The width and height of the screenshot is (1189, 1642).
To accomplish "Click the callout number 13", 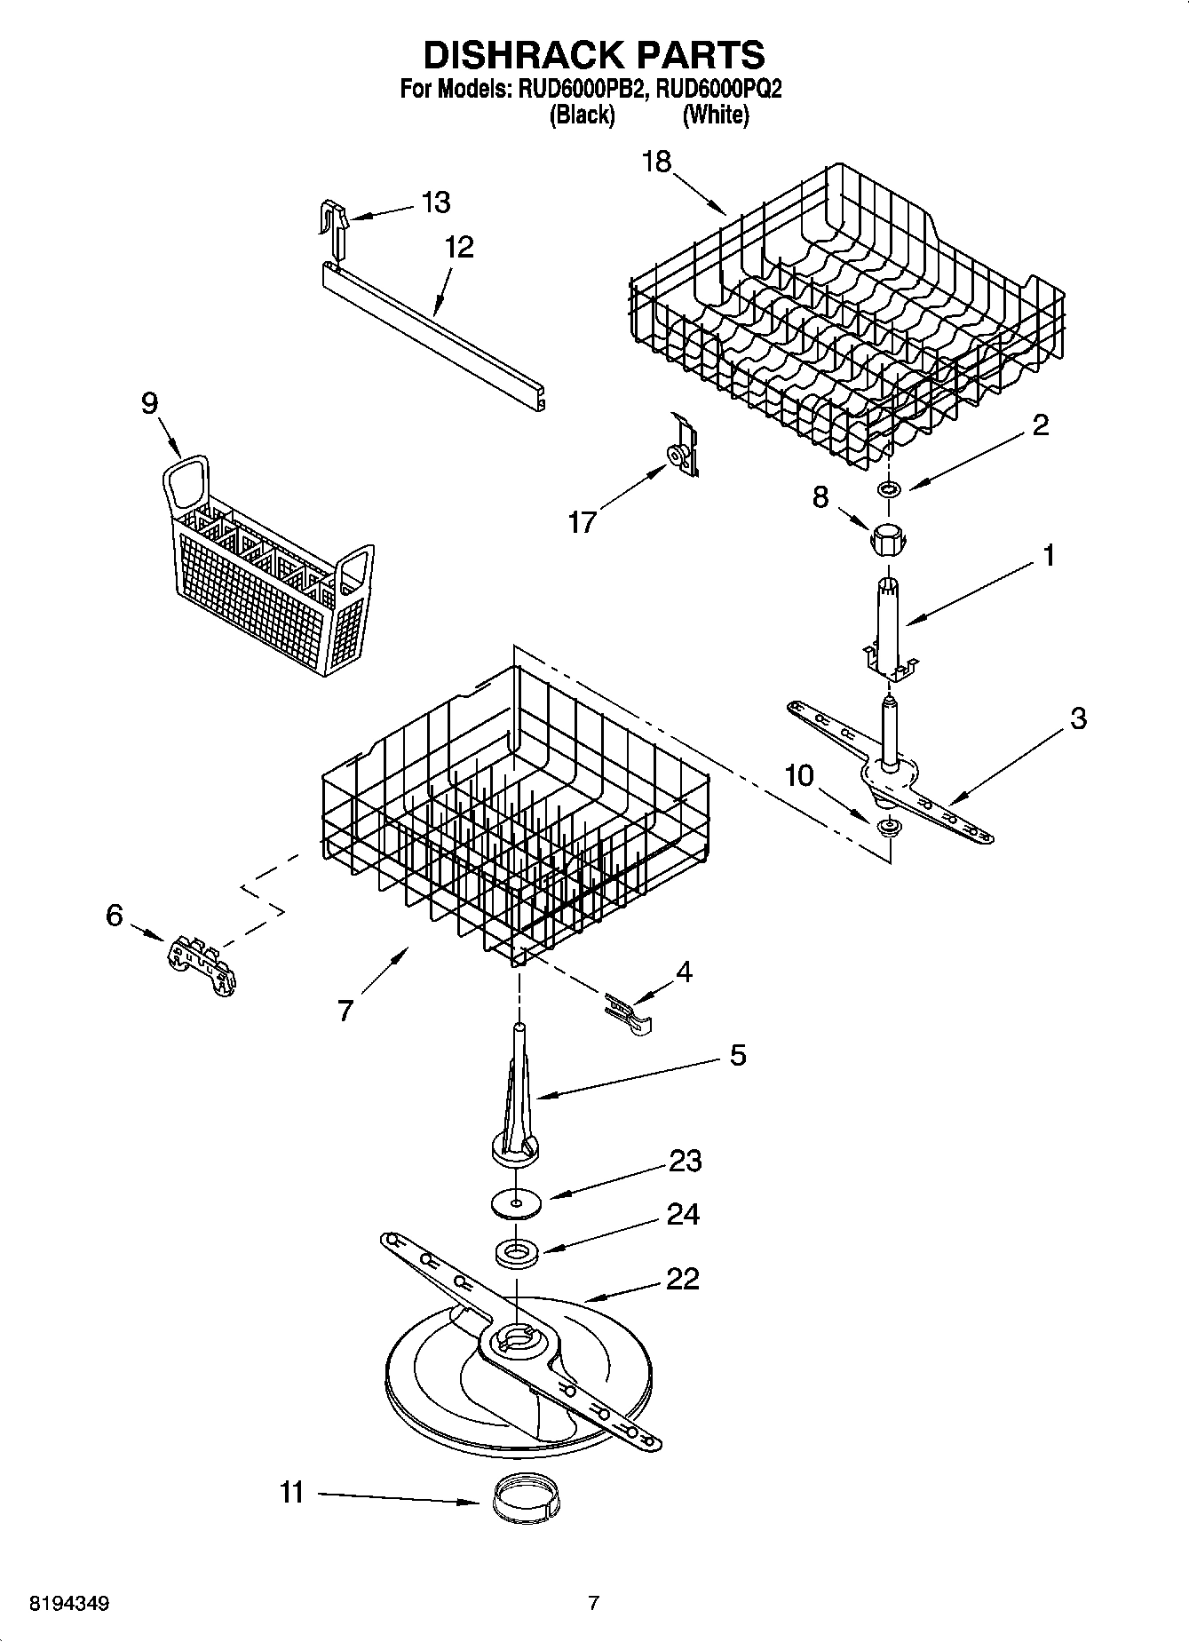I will tap(435, 202).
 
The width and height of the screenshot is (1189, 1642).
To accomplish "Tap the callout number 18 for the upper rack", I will tap(657, 162).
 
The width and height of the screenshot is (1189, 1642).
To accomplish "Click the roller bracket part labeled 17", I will tap(682, 448).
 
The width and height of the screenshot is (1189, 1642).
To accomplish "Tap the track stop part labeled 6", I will tap(202, 966).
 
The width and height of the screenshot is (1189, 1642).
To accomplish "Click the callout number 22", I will tap(682, 1279).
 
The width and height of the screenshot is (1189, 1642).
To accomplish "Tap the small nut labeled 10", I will tap(887, 827).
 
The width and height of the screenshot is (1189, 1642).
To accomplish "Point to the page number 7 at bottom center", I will tap(593, 1604).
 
